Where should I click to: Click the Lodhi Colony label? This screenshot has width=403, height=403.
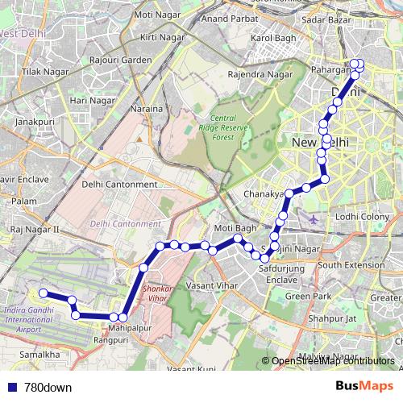pyautogui.click(x=363, y=217)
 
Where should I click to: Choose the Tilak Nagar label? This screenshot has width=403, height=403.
pyautogui.click(x=41, y=73)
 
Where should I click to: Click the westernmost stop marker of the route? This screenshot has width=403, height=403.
pyautogui.click(x=43, y=293)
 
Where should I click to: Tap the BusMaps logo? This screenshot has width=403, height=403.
pyautogui.click(x=364, y=387)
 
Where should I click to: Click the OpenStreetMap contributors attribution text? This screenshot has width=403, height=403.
pyautogui.click(x=333, y=361)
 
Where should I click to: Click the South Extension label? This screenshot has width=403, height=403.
pyautogui.click(x=351, y=264)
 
